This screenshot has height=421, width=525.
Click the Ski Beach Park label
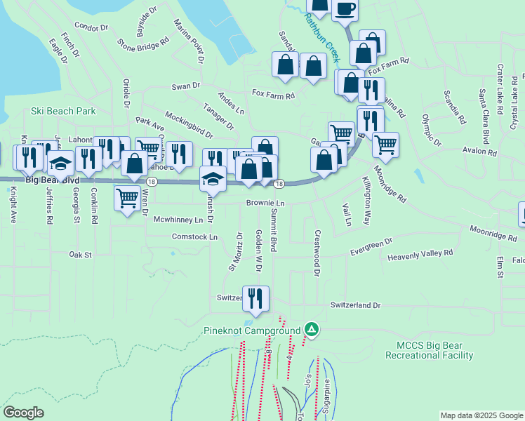[63, 111]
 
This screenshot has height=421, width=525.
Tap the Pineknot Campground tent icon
[311, 329]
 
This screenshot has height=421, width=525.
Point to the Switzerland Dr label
[355, 306]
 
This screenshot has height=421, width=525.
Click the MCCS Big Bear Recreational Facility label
[434, 350]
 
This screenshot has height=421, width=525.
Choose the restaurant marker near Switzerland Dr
[256, 298]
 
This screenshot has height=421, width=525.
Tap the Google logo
[23, 413]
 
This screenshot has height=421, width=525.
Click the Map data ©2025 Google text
[481, 415]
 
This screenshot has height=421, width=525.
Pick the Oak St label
[81, 255]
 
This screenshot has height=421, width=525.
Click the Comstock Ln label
[194, 237]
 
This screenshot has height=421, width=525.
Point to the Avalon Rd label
[479, 150]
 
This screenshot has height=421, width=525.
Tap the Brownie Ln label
[265, 203]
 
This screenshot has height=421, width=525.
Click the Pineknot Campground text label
[252, 330]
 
